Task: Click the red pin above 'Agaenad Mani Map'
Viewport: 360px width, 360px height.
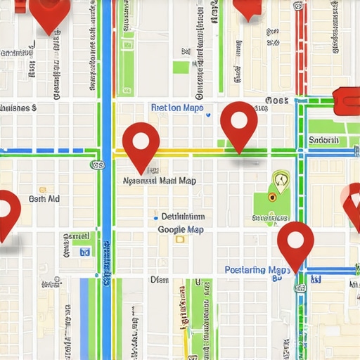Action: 141,143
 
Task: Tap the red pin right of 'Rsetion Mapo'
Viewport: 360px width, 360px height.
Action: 238,122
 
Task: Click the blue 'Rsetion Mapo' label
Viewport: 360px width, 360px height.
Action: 177,108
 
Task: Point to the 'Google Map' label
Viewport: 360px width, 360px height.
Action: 181,230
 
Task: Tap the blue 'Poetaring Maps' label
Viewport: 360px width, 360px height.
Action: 257,270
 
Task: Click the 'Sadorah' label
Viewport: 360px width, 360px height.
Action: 324,140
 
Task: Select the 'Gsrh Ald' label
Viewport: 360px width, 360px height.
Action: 44,199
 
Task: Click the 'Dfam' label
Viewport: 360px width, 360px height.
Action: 160,279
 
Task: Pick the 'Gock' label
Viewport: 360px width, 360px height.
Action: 278,101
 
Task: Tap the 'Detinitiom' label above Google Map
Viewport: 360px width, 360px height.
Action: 183,217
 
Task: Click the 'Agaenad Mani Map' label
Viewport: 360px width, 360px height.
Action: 160,181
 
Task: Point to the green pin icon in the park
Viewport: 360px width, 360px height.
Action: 281,183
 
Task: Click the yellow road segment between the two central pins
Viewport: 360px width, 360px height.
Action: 190,151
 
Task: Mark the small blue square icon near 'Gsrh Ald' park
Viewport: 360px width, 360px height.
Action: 85,251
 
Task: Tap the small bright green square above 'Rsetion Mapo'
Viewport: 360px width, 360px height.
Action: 181,67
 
